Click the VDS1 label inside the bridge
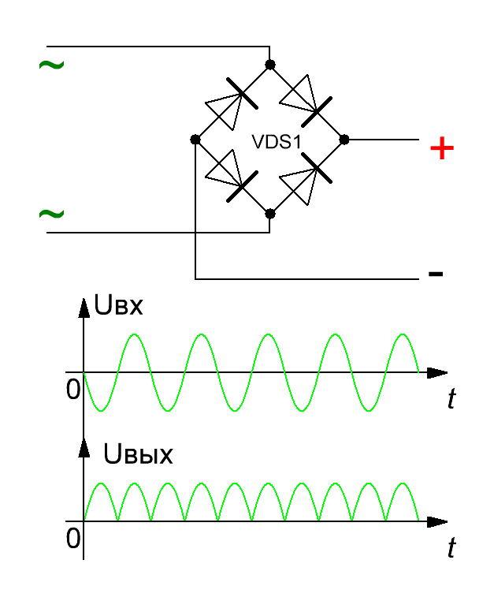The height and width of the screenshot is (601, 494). click(277, 142)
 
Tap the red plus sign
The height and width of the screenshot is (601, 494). click(442, 148)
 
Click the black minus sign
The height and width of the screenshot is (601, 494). click(436, 274)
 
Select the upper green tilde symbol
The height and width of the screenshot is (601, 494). click(52, 65)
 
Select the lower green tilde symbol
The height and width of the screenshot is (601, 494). click(52, 214)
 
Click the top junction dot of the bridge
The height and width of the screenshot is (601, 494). click(270, 65)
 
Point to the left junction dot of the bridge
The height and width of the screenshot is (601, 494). click(195, 140)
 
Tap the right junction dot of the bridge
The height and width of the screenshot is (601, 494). click(344, 140)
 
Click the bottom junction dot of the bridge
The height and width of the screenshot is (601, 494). click(270, 214)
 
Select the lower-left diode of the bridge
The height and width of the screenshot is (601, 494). click(232, 175)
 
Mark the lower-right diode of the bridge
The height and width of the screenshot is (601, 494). click(306, 178)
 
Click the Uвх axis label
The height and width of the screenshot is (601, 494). click(118, 306)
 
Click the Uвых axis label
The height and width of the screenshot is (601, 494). click(138, 454)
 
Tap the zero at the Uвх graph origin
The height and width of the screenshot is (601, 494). click(73, 390)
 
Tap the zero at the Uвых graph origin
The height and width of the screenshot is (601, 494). click(73, 538)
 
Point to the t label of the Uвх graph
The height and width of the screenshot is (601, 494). click(452, 398)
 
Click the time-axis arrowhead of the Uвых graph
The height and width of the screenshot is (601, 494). click(437, 521)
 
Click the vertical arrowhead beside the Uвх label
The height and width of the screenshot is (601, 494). click(84, 308)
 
